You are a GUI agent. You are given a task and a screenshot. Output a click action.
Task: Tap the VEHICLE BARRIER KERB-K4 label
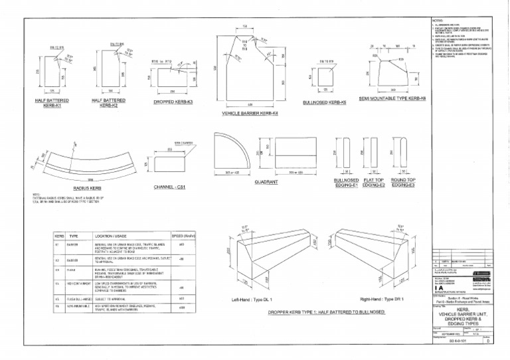[x=250, y=114]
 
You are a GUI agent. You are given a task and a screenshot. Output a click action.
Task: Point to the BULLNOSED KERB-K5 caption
[x=324, y=104]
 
